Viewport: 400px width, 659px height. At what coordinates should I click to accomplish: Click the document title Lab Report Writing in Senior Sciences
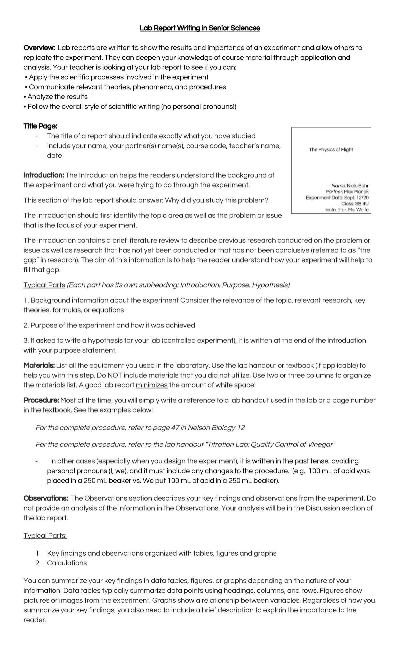click(200, 28)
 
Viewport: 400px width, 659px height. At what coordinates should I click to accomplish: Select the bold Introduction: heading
click(44, 175)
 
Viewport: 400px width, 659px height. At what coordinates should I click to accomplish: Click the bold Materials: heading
click(39, 365)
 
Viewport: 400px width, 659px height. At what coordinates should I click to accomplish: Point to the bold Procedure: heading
click(41, 400)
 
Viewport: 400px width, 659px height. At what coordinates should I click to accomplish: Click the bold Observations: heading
click(46, 498)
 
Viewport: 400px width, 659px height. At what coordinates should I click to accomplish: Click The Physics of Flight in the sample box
click(331, 150)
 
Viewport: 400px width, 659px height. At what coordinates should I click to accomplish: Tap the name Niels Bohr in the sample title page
click(358, 186)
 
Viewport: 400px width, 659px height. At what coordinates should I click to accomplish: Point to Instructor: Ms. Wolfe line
click(347, 210)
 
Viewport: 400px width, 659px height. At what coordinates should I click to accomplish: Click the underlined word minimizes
click(152, 385)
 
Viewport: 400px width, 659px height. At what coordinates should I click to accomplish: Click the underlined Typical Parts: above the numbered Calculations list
click(45, 536)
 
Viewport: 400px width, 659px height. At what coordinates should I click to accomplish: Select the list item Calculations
click(67, 563)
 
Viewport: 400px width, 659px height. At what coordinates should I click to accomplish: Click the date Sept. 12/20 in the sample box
click(357, 198)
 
